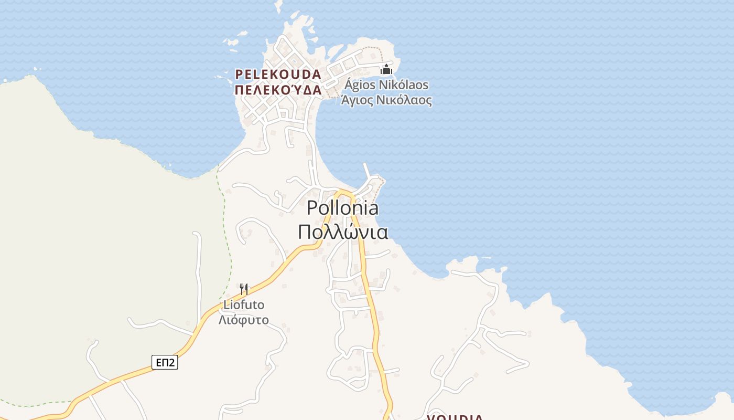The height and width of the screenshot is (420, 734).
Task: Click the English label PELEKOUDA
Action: [278, 74]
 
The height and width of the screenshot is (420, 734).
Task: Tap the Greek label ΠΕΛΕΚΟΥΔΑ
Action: [278, 90]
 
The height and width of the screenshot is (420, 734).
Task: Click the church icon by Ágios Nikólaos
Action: [386, 69]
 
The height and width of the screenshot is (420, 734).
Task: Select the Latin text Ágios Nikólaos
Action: [387, 85]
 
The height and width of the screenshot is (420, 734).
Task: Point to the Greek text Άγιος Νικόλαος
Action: [387, 100]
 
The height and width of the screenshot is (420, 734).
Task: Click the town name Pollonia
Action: [342, 208]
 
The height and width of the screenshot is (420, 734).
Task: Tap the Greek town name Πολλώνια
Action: [343, 232]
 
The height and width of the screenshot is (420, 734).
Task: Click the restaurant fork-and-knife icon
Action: [244, 289]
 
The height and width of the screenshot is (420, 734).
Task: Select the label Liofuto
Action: [244, 304]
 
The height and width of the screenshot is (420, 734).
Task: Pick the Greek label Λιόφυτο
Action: [244, 320]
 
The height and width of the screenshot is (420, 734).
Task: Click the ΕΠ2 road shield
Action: [165, 362]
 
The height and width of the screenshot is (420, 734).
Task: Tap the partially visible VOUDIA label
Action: [455, 417]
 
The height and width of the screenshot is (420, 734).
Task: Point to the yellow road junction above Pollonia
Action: [343, 193]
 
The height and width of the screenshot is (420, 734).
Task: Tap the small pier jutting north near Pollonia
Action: [367, 171]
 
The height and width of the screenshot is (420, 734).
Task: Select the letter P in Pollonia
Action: [312, 208]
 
